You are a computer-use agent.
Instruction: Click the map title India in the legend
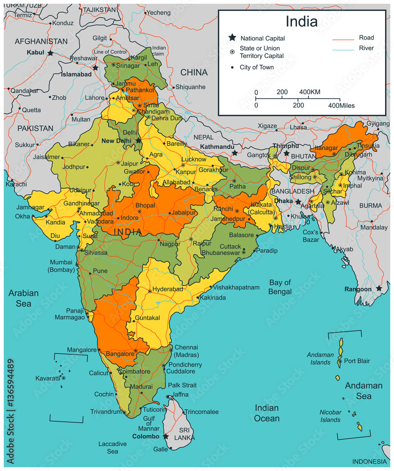click(x=301, y=21)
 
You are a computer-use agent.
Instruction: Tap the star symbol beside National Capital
click(x=232, y=38)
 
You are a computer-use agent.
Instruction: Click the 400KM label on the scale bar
click(x=309, y=92)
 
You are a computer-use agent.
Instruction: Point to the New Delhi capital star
click(x=138, y=140)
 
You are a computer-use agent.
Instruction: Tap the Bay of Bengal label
click(x=280, y=287)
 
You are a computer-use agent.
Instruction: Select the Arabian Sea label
click(x=24, y=298)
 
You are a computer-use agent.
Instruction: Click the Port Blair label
click(x=357, y=361)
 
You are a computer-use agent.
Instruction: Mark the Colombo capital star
click(x=166, y=437)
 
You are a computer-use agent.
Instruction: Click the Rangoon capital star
click(x=379, y=288)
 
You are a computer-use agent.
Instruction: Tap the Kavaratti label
click(x=48, y=378)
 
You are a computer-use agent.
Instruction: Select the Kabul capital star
click(x=50, y=53)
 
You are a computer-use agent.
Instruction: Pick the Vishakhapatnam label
click(x=236, y=287)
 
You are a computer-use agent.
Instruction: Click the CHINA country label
click(x=194, y=72)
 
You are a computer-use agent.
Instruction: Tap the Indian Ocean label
click(x=266, y=413)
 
